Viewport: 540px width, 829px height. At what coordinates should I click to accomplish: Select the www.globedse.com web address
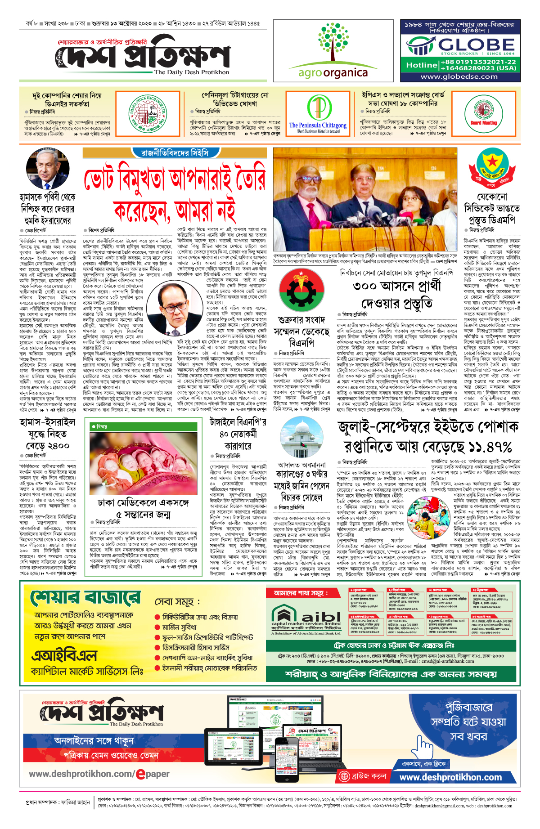(x=459, y=76)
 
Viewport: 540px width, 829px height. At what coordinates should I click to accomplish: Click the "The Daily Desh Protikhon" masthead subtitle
(x=191, y=72)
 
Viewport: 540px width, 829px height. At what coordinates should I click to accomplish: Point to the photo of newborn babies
(x=143, y=463)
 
